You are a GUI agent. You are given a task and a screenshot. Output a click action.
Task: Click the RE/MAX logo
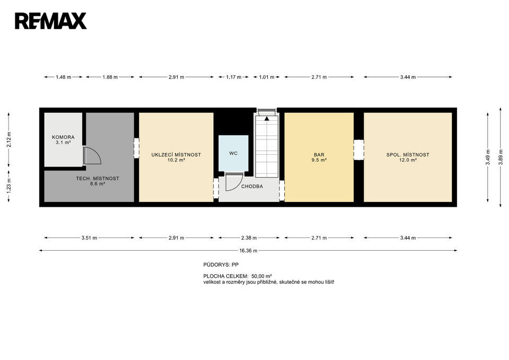(51, 21)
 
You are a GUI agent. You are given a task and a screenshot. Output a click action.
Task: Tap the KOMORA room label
(63, 137)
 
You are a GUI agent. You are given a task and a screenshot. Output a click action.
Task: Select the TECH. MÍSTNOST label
(98, 179)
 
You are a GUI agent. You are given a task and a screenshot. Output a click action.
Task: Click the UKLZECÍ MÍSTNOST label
(176, 155)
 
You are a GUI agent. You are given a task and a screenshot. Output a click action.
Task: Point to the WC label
(233, 153)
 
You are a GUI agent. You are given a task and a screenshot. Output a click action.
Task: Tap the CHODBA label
(252, 186)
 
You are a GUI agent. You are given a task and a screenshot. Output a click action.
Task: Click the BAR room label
(319, 155)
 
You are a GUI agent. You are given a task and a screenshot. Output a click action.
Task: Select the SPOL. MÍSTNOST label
(408, 155)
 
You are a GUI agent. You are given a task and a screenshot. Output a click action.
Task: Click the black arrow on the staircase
(267, 118)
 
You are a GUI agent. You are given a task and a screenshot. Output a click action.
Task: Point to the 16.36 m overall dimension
(248, 251)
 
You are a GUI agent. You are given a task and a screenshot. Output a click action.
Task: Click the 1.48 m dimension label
(63, 77)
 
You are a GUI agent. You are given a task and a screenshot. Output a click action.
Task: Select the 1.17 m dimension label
(233, 77)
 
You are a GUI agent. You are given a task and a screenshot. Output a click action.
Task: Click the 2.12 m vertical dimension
(9, 140)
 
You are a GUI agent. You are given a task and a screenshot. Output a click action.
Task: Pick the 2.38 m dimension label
(249, 238)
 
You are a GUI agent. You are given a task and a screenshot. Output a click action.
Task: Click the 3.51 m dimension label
(89, 238)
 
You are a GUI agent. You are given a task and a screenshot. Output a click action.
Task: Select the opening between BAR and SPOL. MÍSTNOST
(359, 150)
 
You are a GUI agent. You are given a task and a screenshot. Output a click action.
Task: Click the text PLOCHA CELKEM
(226, 276)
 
